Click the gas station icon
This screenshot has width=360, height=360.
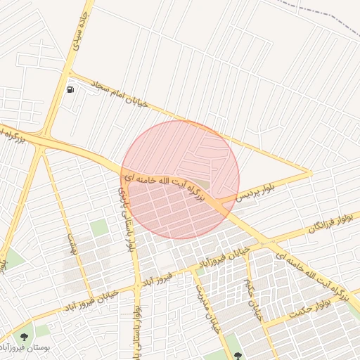pyautogui.click(x=70, y=89)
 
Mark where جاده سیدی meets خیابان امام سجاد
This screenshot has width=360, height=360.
pyautogui.click(x=69, y=72)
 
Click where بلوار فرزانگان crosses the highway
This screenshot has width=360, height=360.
pyautogui.click(x=266, y=243)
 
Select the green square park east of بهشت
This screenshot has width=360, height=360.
pyautogui.click(x=99, y=227)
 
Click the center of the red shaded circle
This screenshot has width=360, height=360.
pyautogui.click(x=180, y=180)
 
